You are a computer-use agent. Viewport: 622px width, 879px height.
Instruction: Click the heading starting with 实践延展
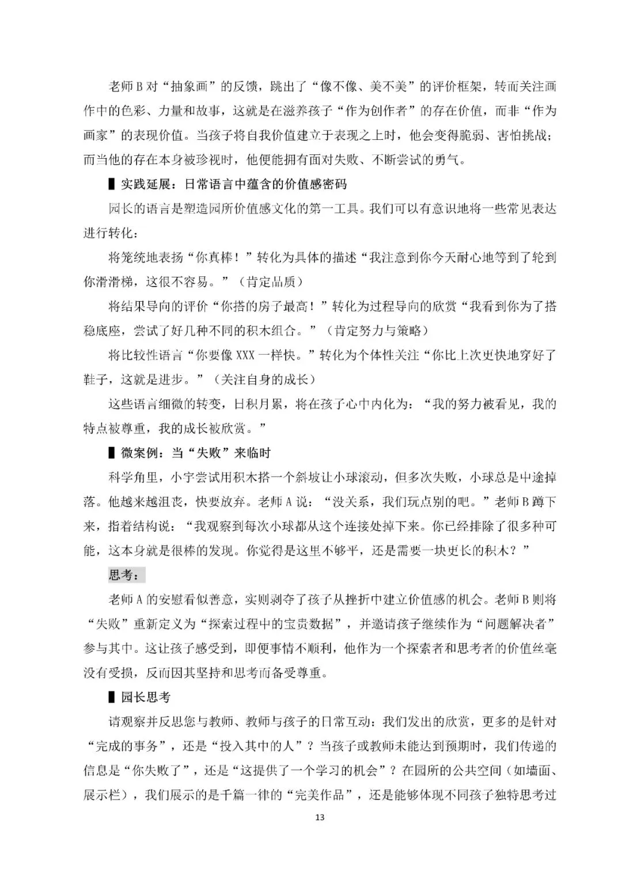pos(233,184)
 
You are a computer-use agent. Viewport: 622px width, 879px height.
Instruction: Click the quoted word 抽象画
pos(195,86)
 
